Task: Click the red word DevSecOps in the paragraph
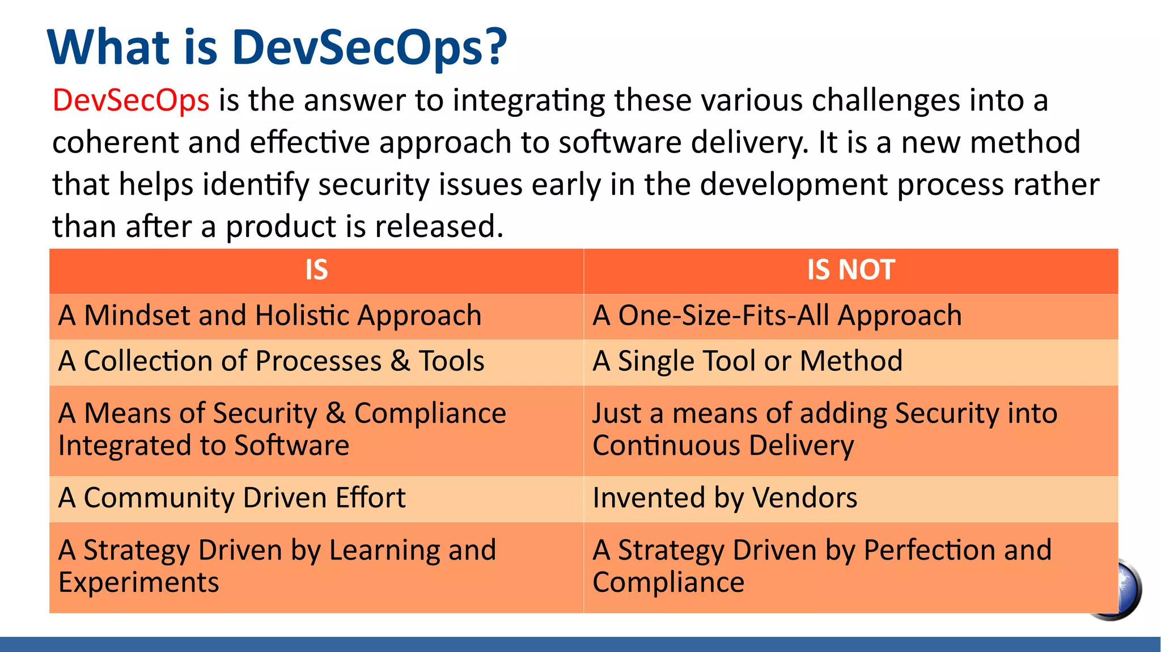pyautogui.click(x=131, y=100)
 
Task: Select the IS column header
pyautogui.click(x=316, y=270)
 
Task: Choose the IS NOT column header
pyautogui.click(x=850, y=270)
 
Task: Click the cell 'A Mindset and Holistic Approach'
pyautogui.click(x=270, y=316)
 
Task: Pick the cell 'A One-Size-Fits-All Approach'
pyautogui.click(x=777, y=316)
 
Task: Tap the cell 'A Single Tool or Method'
pyautogui.click(x=747, y=361)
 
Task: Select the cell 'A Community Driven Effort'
pyautogui.click(x=232, y=498)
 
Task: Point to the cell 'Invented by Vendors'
pyautogui.click(x=724, y=498)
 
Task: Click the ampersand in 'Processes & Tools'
pyautogui.click(x=400, y=361)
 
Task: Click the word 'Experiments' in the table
pyautogui.click(x=138, y=583)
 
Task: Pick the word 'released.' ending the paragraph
pyautogui.click(x=439, y=226)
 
